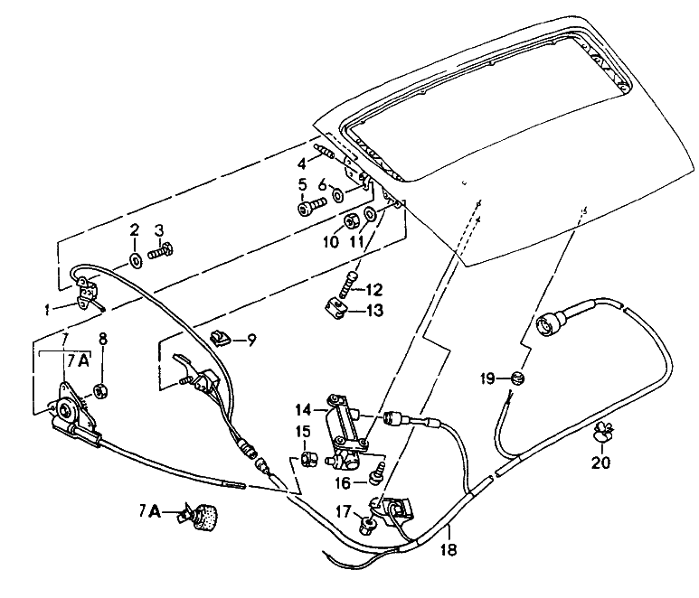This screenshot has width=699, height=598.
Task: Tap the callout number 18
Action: point(449,547)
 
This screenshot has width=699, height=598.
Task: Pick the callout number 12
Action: point(374,290)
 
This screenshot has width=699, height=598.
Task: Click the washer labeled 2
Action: point(135,260)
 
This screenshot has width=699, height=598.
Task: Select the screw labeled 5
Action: point(307,209)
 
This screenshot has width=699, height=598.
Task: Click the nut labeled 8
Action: point(101,392)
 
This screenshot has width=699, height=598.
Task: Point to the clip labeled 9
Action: point(219,338)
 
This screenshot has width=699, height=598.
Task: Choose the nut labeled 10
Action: point(350,220)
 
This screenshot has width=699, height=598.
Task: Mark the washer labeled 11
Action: point(371,216)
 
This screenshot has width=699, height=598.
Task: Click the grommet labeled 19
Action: point(517,376)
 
